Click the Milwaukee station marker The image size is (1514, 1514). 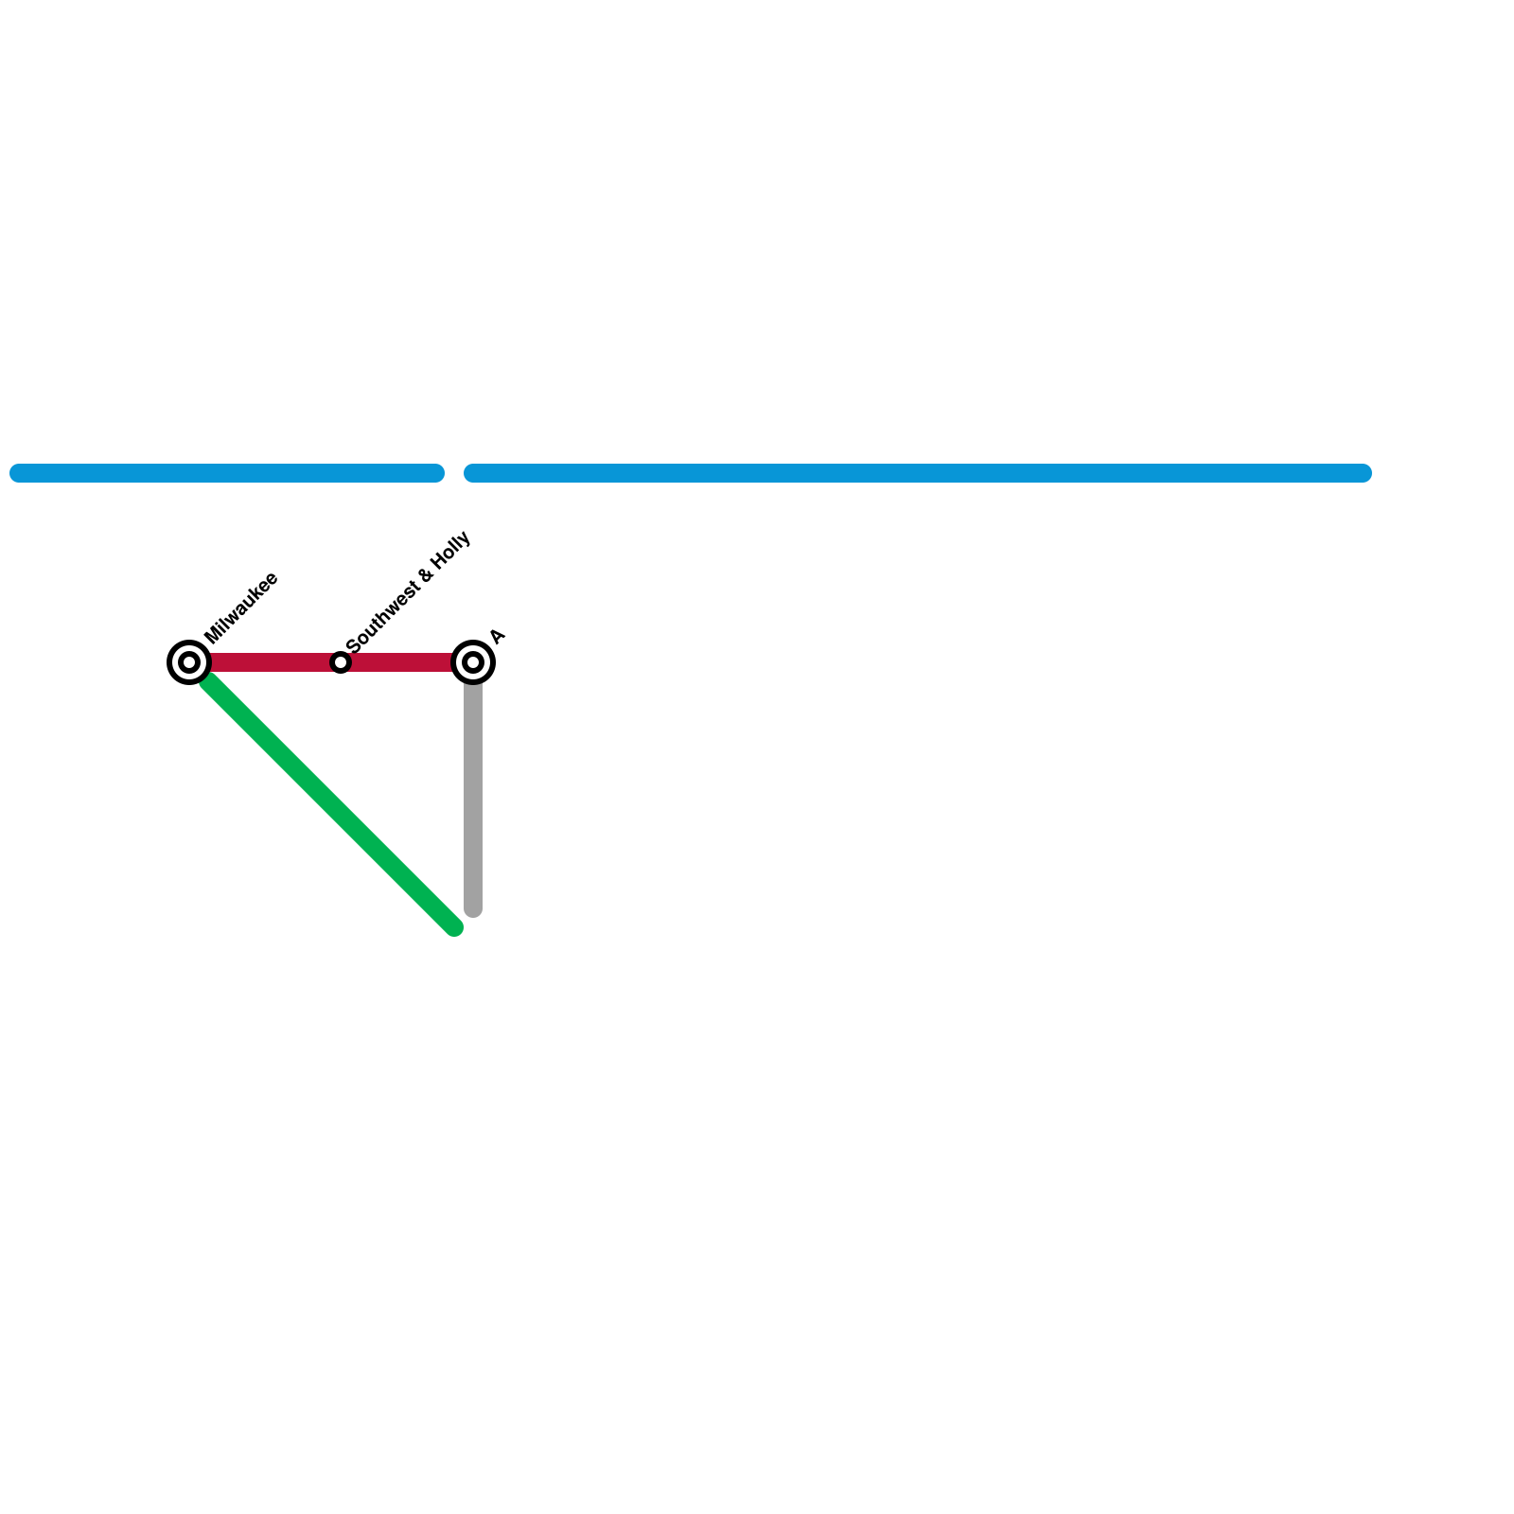click(189, 662)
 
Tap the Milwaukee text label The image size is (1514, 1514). click(240, 608)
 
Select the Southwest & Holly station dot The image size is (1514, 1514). click(341, 662)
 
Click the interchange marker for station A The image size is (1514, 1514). click(473, 662)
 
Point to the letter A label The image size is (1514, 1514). click(498, 637)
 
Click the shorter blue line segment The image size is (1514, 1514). click(227, 473)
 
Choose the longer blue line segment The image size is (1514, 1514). click(918, 473)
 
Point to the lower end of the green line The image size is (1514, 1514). click(454, 927)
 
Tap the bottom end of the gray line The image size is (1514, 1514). click(473, 910)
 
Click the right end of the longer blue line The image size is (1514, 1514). click(1364, 473)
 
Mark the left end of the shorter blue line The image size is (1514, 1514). click(18, 473)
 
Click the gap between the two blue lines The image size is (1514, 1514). click(454, 473)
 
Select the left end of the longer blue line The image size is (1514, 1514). click(472, 473)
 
